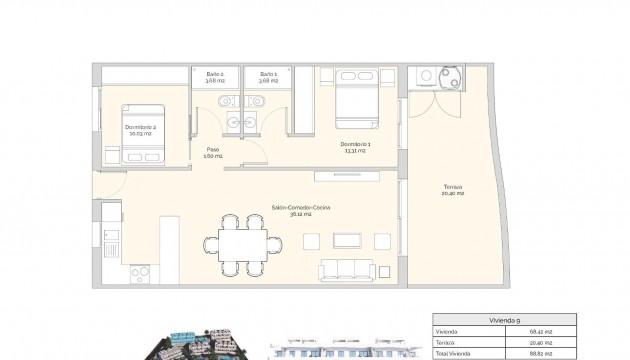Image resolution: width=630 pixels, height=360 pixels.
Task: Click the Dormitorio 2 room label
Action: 141,130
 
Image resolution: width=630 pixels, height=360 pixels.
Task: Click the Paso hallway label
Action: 213,153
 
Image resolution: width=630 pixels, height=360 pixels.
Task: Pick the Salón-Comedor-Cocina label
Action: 300,209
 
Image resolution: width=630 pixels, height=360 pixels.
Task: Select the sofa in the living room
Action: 347,270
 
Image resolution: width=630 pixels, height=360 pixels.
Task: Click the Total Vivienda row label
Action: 455,351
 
